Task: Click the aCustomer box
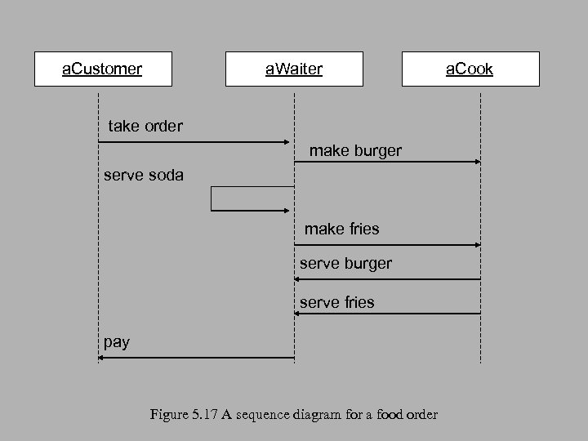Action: point(103,69)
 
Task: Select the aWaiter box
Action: point(294,69)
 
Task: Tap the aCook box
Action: point(470,69)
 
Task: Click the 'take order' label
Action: point(145,127)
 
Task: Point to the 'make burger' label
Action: point(355,152)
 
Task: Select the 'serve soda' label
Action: point(144,176)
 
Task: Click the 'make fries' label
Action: point(342,229)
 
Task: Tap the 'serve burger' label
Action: point(346,264)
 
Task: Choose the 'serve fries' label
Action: point(337,302)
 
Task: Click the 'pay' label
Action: point(117,342)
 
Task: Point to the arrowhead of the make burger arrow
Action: point(477,162)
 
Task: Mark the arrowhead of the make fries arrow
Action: point(477,245)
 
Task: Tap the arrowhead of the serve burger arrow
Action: point(299,279)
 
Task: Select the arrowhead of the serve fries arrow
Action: point(299,314)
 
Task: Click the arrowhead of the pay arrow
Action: point(102,358)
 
